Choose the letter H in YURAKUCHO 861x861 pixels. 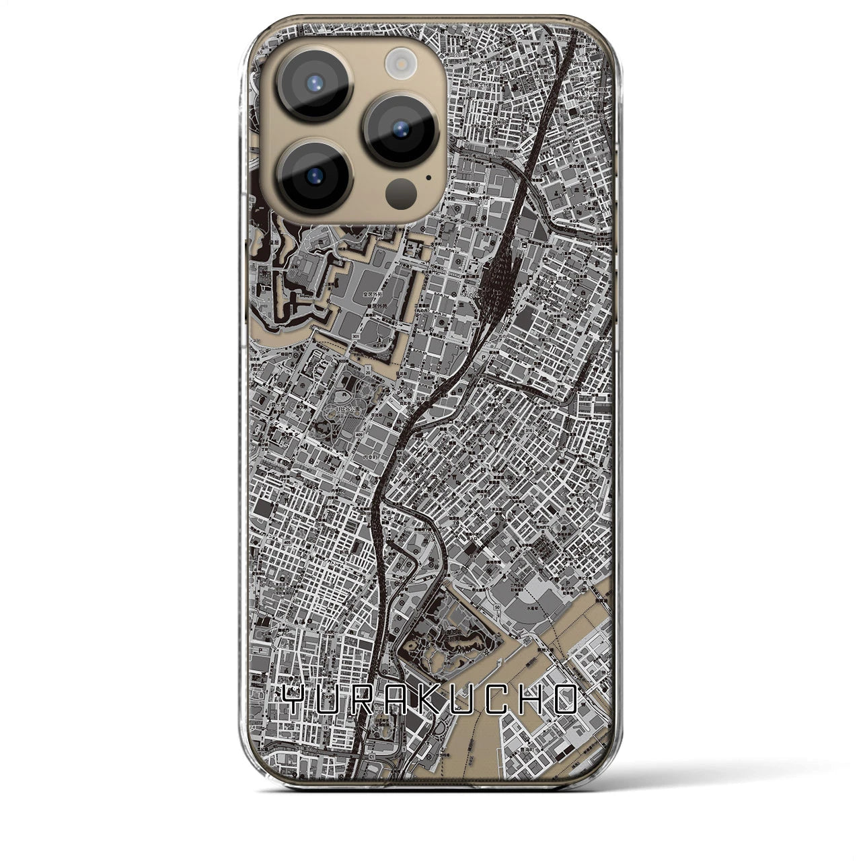tap(532, 702)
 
